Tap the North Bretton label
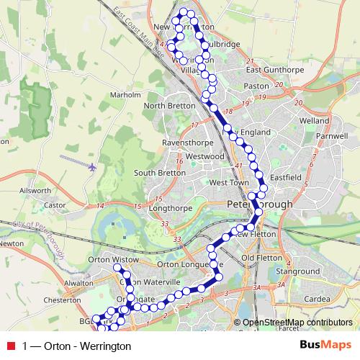point(169,106)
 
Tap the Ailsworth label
point(36,191)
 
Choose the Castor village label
point(55,205)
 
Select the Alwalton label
point(78,284)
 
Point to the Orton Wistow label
point(112,258)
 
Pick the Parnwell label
point(331,135)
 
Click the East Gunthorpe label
point(272,70)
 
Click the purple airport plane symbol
point(92,166)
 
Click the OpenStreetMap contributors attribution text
point(298,323)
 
